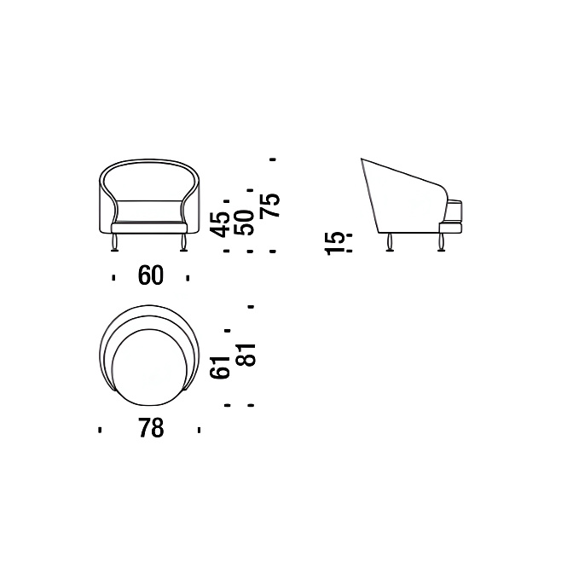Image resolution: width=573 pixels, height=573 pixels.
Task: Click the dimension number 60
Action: click(x=151, y=275)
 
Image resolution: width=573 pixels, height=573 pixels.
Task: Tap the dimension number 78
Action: click(x=151, y=428)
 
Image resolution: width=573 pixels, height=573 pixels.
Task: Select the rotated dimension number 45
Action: click(x=221, y=225)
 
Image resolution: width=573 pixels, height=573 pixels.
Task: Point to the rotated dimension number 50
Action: click(x=244, y=223)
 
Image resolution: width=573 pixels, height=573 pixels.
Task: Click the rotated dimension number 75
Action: click(x=270, y=205)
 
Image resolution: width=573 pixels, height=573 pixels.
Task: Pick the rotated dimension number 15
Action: click(x=335, y=243)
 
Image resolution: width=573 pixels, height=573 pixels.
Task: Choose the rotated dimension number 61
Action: click(x=221, y=367)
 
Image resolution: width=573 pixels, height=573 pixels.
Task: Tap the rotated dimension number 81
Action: click(x=246, y=355)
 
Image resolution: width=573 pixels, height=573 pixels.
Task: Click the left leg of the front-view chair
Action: click(x=115, y=243)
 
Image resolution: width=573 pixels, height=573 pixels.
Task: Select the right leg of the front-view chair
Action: click(x=183, y=243)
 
